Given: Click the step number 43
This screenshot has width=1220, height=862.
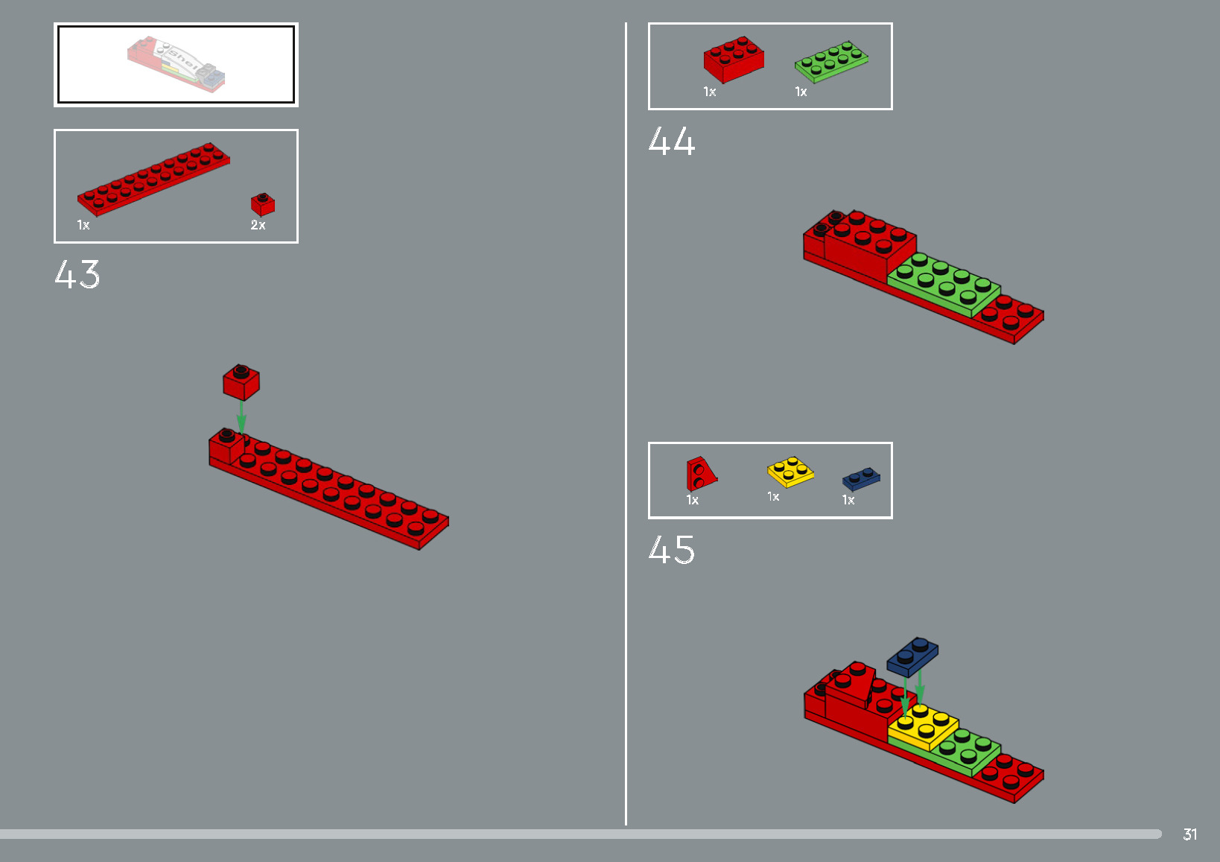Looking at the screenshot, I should tap(77, 274).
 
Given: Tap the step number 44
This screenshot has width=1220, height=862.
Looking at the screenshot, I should tap(671, 141).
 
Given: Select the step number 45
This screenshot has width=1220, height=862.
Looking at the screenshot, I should tap(671, 550).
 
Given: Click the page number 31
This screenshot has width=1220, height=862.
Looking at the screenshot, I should tap(1189, 834).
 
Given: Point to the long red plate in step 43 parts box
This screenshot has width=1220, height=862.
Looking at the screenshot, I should tap(153, 179).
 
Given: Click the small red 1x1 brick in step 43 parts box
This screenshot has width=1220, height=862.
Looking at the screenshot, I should tap(263, 204).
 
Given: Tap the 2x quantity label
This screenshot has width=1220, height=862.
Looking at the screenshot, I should tap(258, 225).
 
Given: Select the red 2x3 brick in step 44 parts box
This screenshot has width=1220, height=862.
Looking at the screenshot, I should tap(734, 60).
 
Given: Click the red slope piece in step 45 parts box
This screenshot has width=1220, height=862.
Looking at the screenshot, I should tap(700, 474).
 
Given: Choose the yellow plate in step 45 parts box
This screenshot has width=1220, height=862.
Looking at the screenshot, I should tap(790, 472).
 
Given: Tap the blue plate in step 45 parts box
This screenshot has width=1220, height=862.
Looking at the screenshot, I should tap(861, 478).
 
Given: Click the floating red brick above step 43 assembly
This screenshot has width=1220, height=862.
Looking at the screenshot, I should tap(241, 382).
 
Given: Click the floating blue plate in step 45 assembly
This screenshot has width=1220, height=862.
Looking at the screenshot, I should tap(912, 656).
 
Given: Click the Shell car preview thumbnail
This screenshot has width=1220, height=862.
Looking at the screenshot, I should tap(177, 65).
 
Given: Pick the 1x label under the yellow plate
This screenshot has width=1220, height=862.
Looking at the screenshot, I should tap(773, 497).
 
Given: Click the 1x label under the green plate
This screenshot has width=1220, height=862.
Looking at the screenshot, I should tap(801, 92).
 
